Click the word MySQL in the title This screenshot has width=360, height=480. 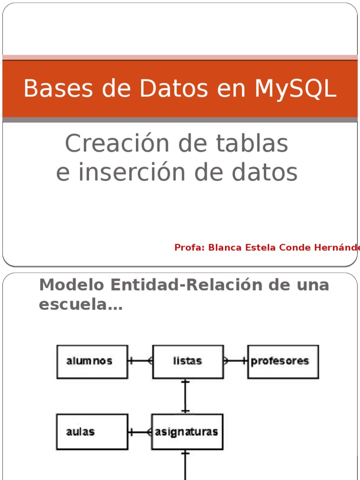[296, 89]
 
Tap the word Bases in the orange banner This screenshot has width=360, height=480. [49, 89]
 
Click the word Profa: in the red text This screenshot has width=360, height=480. [189, 247]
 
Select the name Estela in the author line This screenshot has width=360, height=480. [261, 247]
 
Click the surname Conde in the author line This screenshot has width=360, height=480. [295, 247]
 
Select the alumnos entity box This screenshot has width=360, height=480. [92, 361]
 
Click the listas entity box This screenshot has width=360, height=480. [187, 361]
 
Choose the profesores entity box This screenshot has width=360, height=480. [283, 361]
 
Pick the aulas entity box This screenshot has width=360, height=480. [92, 432]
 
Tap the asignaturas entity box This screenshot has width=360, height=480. [187, 432]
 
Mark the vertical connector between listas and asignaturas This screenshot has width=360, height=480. [185, 396]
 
